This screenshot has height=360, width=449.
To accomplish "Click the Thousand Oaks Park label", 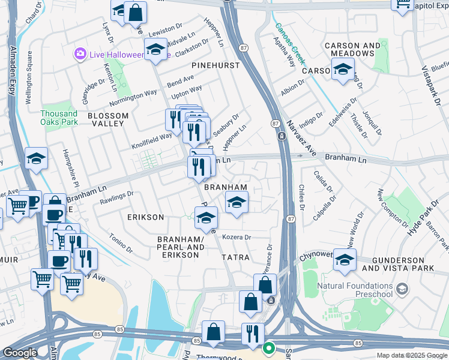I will point(59,118).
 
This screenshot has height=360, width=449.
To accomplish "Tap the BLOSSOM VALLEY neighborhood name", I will point(108,119).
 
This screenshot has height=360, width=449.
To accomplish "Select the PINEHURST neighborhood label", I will point(215,65).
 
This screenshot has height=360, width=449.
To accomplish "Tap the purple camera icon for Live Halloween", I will point(79,55).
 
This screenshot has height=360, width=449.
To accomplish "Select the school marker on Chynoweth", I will point(345,259).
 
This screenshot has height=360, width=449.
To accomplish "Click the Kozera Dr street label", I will point(237,237).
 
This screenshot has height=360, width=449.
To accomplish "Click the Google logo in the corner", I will point(20,353).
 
